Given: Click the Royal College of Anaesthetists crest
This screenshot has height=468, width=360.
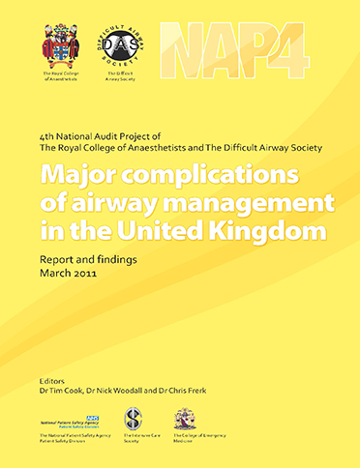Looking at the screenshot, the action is [60, 46].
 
